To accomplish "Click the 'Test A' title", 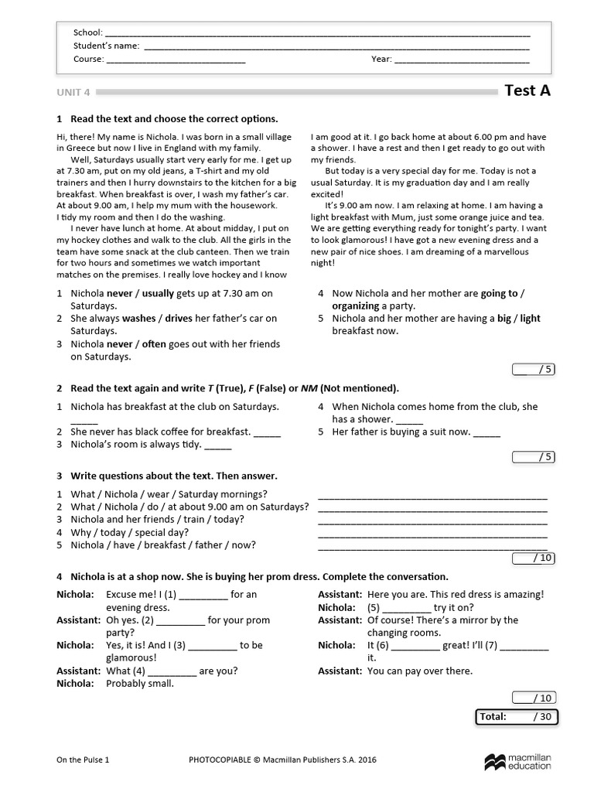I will click(x=527, y=90).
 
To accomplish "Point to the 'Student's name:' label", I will click(x=106, y=46).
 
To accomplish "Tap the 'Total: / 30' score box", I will click(x=517, y=717).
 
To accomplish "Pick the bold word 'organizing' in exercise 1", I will click(x=356, y=306).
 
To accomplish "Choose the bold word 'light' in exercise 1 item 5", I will click(x=530, y=319).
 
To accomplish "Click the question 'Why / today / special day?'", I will click(x=129, y=532).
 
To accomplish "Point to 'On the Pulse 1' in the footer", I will click(x=83, y=760).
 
